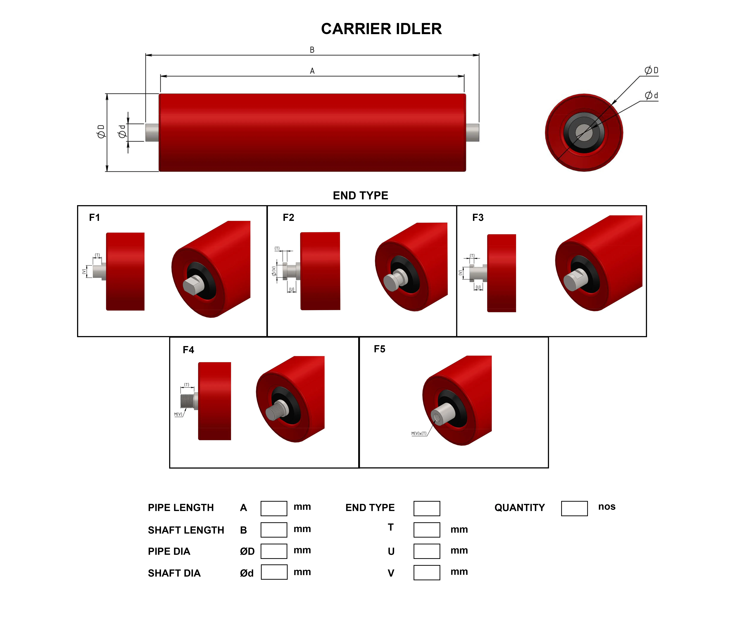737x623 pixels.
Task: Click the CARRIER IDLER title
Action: click(381, 29)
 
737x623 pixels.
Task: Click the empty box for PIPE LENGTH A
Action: click(274, 508)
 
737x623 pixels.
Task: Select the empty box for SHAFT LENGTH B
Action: click(274, 530)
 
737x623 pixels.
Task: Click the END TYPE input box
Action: click(427, 508)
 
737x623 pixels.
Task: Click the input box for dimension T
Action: click(427, 530)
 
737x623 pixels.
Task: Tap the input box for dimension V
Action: click(427, 573)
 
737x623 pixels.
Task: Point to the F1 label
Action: click(94, 218)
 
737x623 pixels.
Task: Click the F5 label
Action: click(379, 349)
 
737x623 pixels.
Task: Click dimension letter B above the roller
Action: click(312, 50)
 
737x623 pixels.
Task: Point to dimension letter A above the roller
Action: click(312, 71)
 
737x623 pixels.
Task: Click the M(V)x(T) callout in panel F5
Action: click(419, 433)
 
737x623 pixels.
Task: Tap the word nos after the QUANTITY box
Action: click(607, 507)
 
